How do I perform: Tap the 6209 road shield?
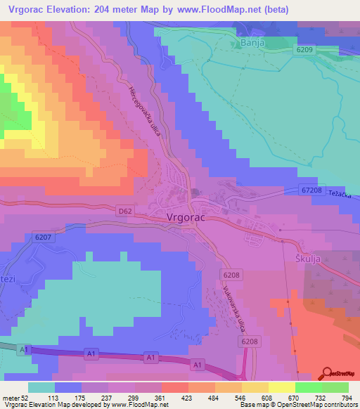[x=304, y=50]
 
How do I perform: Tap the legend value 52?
[x=28, y=398]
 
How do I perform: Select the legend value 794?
[x=345, y=398]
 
